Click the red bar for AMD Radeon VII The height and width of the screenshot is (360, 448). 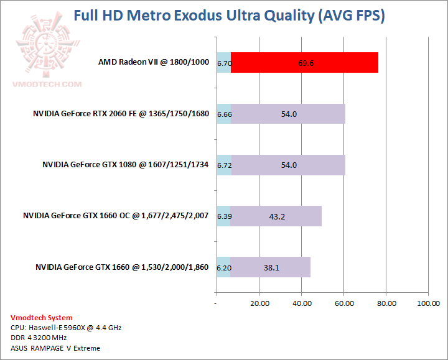(x=304, y=63)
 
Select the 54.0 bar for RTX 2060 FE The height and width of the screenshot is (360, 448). (x=288, y=114)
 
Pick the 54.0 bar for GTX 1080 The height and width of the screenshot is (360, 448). (x=288, y=165)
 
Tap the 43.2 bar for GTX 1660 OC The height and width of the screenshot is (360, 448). (x=276, y=216)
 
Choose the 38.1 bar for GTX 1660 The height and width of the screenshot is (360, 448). (x=271, y=267)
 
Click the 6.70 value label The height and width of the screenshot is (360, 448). (x=224, y=63)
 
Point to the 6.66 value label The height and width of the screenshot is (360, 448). (x=224, y=114)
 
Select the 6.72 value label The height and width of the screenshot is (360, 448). (x=224, y=165)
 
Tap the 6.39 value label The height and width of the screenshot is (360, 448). (x=224, y=216)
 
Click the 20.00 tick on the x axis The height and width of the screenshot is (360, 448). (x=259, y=303)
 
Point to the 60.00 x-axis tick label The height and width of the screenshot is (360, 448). (x=344, y=303)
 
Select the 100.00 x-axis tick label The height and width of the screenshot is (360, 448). (x=427, y=303)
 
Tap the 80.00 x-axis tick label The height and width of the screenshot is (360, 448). (x=386, y=303)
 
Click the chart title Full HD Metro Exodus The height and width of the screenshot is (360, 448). (x=229, y=16)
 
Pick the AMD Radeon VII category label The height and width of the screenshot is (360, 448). (x=154, y=62)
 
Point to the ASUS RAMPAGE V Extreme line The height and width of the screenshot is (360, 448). (x=55, y=348)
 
